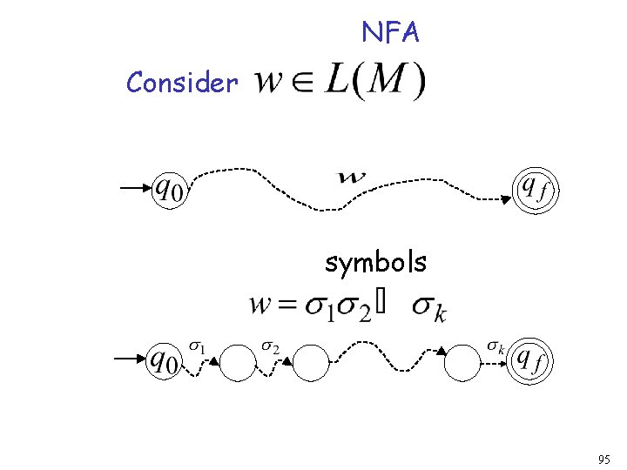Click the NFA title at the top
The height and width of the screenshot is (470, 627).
[x=391, y=33]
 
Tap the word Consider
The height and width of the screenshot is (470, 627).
[x=182, y=84]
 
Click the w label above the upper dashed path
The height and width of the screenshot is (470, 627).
[x=352, y=178]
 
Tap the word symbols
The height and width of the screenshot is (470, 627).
[x=375, y=261]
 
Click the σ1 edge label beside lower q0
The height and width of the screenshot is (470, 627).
[x=199, y=348]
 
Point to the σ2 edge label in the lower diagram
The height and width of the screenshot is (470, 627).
[x=271, y=348]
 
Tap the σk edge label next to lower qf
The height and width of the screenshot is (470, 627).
[x=496, y=348]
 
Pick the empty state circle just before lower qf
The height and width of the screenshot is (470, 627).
[x=462, y=363]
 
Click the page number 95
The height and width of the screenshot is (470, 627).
[x=605, y=459]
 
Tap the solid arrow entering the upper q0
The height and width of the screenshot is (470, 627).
[x=136, y=188]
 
